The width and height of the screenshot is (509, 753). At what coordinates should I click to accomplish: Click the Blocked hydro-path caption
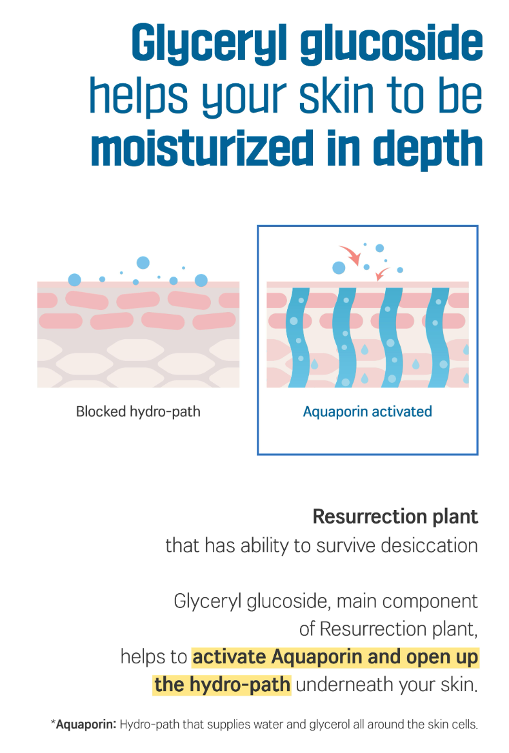[x=138, y=411]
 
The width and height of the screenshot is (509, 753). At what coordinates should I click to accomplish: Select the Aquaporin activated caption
[x=367, y=411]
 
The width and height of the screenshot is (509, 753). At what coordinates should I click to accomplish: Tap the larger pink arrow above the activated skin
[x=352, y=255]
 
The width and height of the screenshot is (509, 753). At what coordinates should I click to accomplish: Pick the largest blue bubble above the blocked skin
[x=143, y=262]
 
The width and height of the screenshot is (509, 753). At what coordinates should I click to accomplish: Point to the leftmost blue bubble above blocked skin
[x=74, y=280]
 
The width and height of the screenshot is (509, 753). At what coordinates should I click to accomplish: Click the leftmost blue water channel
[x=299, y=337]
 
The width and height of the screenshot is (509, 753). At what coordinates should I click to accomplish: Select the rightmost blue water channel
[x=438, y=337]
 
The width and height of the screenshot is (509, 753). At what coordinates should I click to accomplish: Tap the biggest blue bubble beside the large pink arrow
[x=339, y=268]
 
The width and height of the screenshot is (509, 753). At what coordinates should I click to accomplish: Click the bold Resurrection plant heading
[x=395, y=516]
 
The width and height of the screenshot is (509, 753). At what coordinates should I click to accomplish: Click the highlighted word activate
[x=230, y=656]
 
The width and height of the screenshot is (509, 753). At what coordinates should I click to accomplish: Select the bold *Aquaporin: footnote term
[x=84, y=724]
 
